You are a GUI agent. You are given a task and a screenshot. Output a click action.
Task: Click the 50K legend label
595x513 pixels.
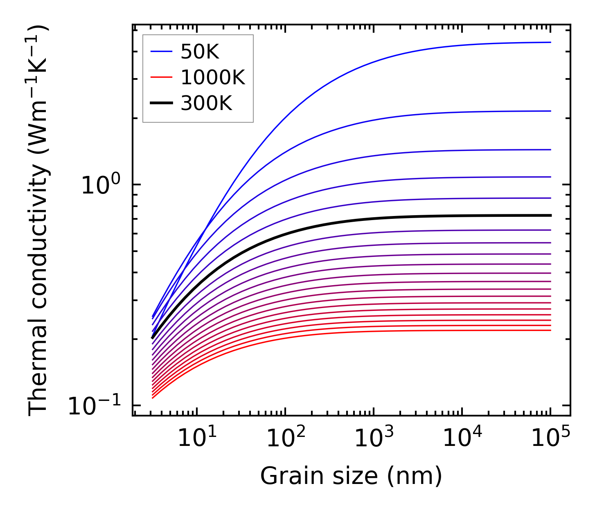pos(200,52)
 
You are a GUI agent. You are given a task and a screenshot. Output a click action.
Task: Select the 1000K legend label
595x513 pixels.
pos(212,77)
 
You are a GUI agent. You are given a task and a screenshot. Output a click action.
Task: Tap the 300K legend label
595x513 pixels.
pos(206,103)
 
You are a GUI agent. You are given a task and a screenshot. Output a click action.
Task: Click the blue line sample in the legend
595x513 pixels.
pos(162,52)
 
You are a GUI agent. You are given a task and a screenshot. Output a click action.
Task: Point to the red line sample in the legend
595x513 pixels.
pos(162,77)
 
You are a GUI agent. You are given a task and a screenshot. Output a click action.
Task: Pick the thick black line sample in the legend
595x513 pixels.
pos(162,103)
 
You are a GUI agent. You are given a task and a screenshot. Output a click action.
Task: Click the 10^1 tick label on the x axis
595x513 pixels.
pos(197,438)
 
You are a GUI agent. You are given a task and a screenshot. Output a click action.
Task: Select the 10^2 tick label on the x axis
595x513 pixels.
pos(286,438)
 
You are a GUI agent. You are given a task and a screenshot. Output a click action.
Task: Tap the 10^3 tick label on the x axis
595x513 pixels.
pos(374,438)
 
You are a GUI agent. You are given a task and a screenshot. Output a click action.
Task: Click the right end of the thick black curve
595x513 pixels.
pos(550,215)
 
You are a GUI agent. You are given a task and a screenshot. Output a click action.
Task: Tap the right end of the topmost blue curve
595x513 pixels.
pos(550,42)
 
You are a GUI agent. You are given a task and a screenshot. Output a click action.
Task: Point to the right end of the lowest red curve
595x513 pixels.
pos(550,330)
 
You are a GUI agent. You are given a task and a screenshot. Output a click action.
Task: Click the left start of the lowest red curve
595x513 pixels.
pos(153,398)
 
